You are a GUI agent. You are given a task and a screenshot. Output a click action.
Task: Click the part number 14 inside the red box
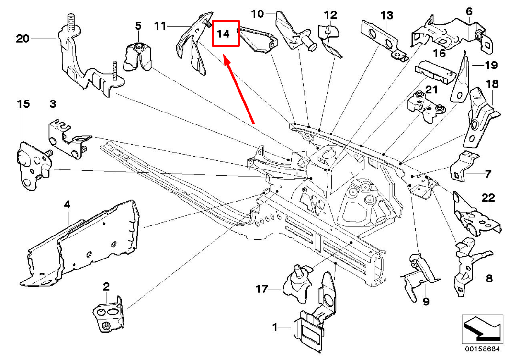[x=224, y=34]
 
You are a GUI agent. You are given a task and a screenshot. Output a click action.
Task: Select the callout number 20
[x=23, y=38]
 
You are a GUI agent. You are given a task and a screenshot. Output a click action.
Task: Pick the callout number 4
[x=67, y=204]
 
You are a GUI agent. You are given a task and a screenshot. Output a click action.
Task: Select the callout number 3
[x=53, y=103]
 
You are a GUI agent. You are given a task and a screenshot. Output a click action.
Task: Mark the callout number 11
[x=160, y=25]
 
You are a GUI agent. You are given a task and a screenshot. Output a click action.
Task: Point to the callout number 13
[x=386, y=15]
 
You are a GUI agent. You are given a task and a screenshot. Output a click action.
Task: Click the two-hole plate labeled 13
[x=383, y=40]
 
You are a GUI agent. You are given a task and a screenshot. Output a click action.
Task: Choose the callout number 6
[x=469, y=11]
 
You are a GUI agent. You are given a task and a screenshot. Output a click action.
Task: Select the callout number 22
[x=487, y=198]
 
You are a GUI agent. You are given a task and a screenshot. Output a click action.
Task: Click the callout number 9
[x=426, y=301]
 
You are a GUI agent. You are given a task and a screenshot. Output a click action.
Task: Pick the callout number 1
[x=275, y=327]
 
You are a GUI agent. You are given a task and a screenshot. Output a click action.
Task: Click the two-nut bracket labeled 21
[x=426, y=106]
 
